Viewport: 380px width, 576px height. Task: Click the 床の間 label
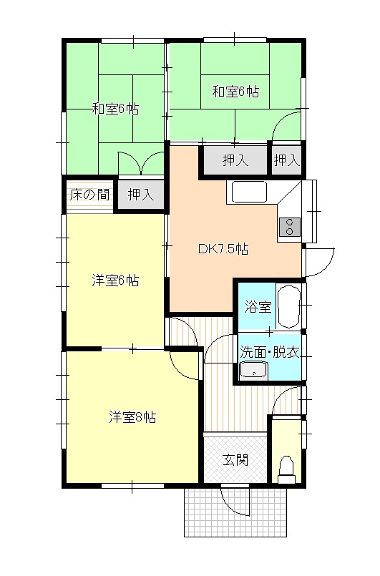[x=89, y=193]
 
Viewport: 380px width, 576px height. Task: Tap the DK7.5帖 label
[x=223, y=250]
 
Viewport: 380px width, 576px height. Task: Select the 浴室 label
[x=258, y=307]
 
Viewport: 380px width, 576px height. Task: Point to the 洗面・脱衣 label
[x=269, y=351]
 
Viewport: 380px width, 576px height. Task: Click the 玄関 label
[x=235, y=459]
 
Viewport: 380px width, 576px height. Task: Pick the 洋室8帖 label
[x=132, y=417]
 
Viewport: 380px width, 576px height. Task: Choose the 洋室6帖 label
[x=115, y=280]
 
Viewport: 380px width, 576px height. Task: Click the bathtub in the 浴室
[x=289, y=306]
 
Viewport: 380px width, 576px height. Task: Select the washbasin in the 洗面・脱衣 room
[x=253, y=370]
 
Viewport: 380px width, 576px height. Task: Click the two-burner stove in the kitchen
[x=291, y=227]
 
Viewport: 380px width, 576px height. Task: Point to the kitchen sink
[x=248, y=192]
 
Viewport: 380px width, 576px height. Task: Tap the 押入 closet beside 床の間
[x=140, y=194]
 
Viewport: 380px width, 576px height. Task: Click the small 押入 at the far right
[x=286, y=161]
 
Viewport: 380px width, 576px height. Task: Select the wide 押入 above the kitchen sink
[x=235, y=161]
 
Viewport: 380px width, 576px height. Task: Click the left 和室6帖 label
[x=115, y=109]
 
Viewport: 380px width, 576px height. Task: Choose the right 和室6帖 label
[x=235, y=91]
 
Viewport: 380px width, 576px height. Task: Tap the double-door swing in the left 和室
[x=142, y=163]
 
